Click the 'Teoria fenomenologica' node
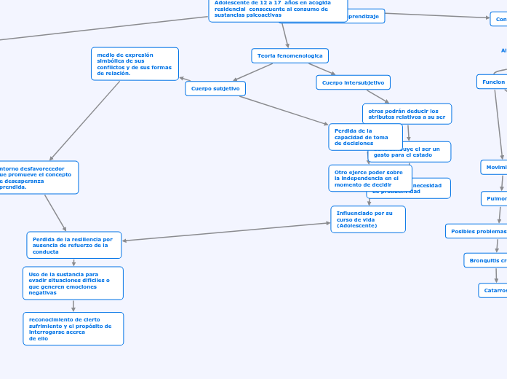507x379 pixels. point(290,55)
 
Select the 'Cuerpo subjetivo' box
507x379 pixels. point(215,88)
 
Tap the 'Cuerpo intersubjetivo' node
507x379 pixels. point(353,82)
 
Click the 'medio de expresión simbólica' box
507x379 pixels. point(135,63)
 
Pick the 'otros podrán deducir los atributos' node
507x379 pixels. point(407,114)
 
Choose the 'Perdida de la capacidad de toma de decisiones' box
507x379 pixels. point(365,137)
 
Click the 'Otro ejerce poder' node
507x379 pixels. point(370,179)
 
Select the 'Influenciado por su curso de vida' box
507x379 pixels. point(368,219)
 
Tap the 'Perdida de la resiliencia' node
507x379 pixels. point(74,245)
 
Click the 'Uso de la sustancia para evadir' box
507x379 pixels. point(73,283)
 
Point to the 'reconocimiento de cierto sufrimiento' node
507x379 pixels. point(73,329)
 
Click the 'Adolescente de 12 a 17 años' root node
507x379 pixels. point(278,9)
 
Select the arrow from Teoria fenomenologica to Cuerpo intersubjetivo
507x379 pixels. point(322,69)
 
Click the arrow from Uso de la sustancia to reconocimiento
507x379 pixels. point(73,306)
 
